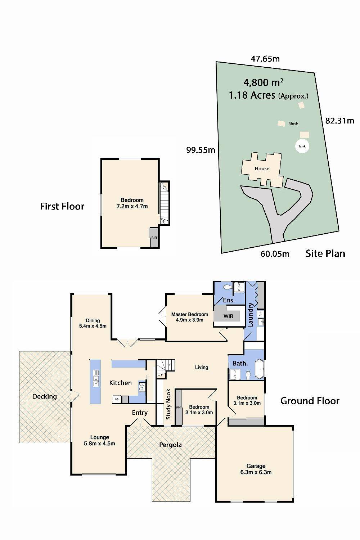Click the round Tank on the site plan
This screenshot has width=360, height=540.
(302, 146)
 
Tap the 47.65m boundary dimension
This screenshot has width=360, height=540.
(265, 59)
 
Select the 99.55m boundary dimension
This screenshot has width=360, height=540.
(201, 150)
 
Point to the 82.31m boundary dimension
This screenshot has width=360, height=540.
(340, 121)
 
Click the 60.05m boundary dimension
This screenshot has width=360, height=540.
(275, 254)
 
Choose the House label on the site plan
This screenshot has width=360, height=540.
(262, 168)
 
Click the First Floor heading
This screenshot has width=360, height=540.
(62, 206)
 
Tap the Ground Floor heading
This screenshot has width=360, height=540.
(310, 401)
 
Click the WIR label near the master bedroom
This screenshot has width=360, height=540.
(228, 316)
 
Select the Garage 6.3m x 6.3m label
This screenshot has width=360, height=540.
(256, 469)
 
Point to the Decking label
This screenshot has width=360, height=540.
(45, 397)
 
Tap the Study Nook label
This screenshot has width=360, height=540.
(168, 404)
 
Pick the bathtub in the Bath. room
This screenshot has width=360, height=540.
(260, 369)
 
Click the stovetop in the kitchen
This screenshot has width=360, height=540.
(142, 387)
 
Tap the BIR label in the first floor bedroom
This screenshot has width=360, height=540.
(154, 238)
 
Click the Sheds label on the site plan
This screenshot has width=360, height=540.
(294, 123)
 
